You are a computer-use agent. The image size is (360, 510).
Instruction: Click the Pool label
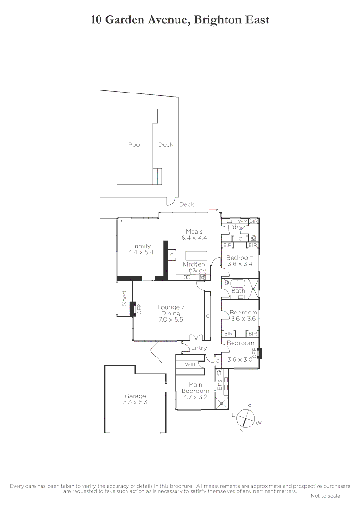point(134,145)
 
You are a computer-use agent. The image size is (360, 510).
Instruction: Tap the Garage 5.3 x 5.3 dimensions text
point(135,403)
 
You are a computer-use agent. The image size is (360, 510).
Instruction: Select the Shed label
point(125,297)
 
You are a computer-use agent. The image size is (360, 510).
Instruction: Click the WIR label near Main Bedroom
point(190,365)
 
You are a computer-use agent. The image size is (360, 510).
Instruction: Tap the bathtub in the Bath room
point(237,283)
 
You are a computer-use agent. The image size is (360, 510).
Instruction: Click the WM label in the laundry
point(243,221)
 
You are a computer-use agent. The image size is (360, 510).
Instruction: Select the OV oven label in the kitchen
point(202,271)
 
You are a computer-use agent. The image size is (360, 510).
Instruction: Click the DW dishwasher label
point(193,271)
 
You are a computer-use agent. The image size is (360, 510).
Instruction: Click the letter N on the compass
point(242,431)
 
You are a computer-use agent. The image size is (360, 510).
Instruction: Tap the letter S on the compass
point(250,407)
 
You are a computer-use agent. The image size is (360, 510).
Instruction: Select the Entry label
point(199,348)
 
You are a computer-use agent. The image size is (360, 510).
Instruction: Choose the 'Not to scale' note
point(325,496)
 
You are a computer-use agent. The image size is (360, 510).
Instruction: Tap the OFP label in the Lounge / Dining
point(139,309)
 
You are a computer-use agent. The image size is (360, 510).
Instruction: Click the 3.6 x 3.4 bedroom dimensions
point(240,264)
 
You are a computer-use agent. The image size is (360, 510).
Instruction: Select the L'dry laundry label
point(234,228)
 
